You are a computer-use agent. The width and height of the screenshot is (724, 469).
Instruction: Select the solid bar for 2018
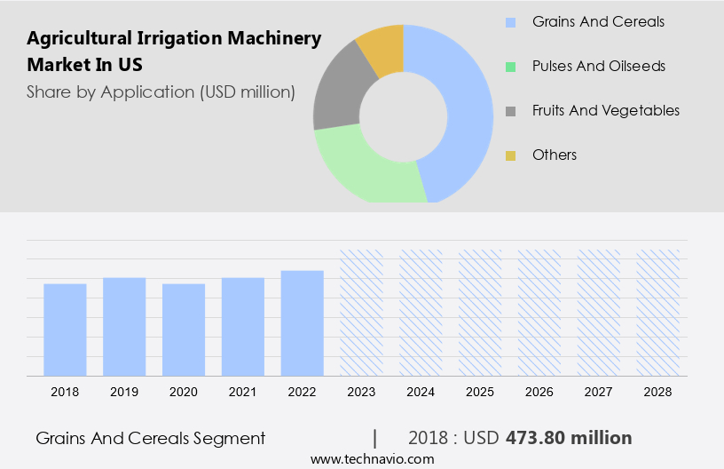(65, 330)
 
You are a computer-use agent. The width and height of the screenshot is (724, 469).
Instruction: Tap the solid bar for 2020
(184, 330)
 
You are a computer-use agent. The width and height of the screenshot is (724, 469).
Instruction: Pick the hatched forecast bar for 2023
(361, 313)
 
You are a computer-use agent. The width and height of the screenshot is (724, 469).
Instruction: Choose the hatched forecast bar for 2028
(657, 313)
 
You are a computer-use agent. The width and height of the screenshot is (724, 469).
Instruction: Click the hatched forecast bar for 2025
(480, 313)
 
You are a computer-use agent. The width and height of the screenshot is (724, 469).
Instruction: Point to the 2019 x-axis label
(124, 391)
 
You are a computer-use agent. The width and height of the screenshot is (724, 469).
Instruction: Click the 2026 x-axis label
(539, 391)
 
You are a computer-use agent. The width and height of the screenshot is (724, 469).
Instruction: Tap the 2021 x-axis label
(243, 391)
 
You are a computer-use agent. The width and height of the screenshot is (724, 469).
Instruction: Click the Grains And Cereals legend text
(598, 21)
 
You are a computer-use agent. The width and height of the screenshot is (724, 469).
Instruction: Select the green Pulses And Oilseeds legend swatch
(510, 67)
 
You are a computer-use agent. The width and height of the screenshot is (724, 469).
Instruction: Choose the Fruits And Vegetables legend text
(606, 110)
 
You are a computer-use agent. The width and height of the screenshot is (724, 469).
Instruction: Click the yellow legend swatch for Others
(510, 155)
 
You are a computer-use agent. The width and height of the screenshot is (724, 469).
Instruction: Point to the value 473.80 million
(569, 438)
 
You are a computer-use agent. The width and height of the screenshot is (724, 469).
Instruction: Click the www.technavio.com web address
(372, 459)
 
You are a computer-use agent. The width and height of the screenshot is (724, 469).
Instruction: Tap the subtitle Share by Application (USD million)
(161, 91)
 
